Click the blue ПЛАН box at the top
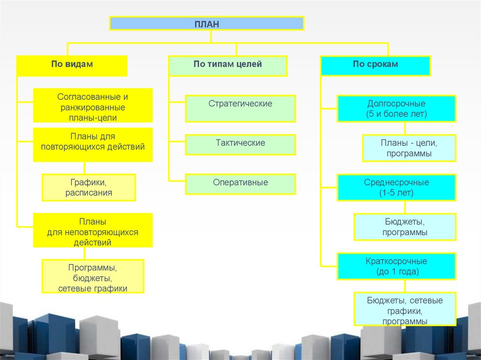pos(207,23)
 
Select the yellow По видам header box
pos(72,65)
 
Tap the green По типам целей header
pos(228,65)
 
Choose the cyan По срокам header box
pos(375,65)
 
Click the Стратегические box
pos(240,108)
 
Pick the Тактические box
pos(240,144)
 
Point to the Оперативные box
pos(240,184)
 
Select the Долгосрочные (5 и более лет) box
pos(396,108)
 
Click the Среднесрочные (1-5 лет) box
pos(396,187)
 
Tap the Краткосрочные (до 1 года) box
pos(396,266)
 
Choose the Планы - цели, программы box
pos(409,148)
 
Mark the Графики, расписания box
pos(89,187)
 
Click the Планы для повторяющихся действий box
pos(93,144)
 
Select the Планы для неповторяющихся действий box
pos(93,230)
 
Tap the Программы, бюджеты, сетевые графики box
pos(93,276)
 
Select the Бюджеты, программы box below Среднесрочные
pos(404,227)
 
